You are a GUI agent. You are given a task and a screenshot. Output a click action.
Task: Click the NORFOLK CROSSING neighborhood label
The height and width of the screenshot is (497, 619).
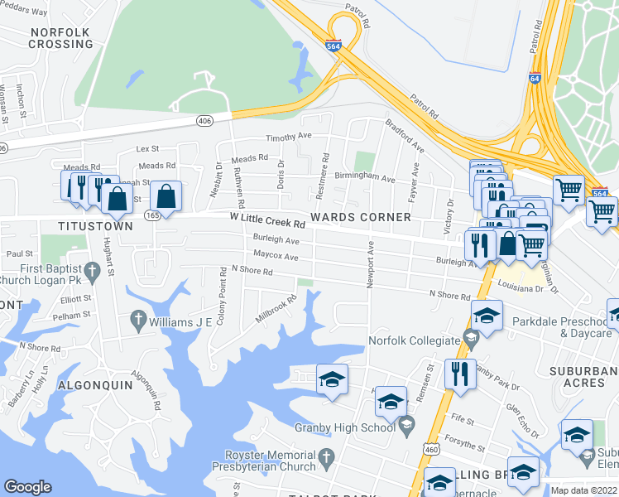60,38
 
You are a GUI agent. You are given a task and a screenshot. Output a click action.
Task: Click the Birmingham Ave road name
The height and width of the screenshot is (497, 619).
364,177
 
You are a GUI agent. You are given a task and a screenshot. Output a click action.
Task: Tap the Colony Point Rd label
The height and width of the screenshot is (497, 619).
222,296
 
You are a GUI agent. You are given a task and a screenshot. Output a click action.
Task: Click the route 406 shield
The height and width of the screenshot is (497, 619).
204,121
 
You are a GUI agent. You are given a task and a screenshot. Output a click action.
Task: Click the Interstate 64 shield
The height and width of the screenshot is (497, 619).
535,79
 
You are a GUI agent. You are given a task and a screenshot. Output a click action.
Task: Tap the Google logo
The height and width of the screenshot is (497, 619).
27,487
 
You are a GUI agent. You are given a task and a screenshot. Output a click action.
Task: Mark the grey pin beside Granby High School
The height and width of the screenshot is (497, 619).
405,427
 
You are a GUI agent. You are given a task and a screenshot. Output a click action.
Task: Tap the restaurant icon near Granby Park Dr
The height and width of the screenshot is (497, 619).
459,373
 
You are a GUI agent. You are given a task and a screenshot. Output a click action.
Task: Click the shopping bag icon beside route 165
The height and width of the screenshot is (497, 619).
166,197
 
